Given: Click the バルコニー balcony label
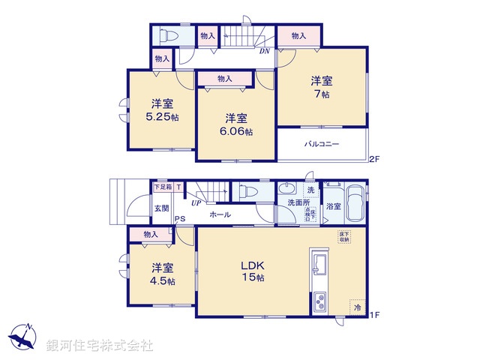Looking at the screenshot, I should (x=322, y=143).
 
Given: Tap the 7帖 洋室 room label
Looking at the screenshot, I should (x=322, y=89).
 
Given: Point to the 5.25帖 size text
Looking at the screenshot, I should (x=161, y=118).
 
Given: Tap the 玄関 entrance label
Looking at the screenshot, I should (x=161, y=207).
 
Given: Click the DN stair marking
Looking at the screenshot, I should (x=264, y=52).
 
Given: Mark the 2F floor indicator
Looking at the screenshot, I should (x=373, y=158).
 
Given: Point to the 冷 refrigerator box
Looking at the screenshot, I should (x=357, y=307).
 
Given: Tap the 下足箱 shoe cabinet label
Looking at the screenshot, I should (x=162, y=186).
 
